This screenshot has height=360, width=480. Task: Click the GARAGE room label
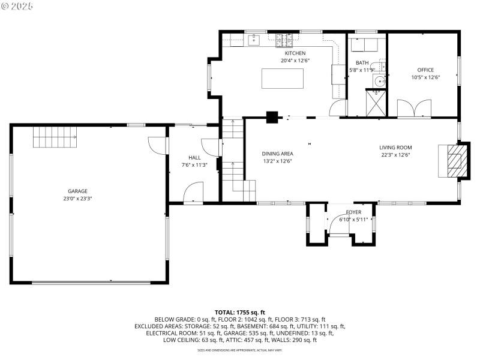point(77,191)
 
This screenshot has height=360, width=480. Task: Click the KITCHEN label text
point(295,53)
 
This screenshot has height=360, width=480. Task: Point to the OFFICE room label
point(425,70)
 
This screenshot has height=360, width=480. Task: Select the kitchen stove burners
point(283,40)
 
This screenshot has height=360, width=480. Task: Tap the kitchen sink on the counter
point(253,40)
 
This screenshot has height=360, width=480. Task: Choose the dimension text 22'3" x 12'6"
point(395,154)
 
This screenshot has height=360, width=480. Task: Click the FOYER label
point(353,212)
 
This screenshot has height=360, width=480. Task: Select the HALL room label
point(194,157)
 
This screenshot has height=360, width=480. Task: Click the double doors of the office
point(413,109)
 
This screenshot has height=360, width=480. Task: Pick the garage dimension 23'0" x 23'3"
point(77,198)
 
